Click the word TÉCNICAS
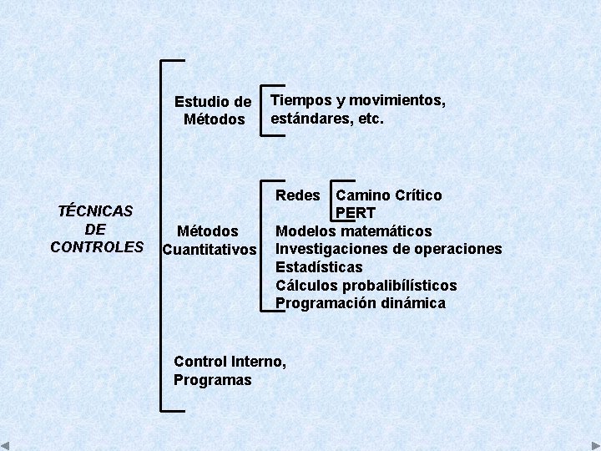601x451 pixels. coord(96,210)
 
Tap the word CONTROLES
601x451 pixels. coord(97,247)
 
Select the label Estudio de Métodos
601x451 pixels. coord(213,110)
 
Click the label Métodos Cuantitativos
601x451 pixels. coord(210,241)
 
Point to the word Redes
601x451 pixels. coord(298,195)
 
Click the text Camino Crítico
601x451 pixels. coord(389,195)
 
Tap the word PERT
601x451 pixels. coord(356,213)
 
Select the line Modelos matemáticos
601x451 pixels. coord(354,231)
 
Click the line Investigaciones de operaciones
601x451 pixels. coord(389,249)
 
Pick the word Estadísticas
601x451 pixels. coord(319,267)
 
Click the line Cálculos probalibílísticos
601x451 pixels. coord(366,286)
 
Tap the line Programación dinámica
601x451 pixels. coord(361,303)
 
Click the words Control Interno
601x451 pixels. coord(230,362)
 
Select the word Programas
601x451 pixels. coord(212,380)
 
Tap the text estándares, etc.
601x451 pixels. coord(326,119)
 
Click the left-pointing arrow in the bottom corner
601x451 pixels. coord(6,445)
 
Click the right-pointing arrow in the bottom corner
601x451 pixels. coord(594,445)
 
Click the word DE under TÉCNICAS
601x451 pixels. coord(95,229)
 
